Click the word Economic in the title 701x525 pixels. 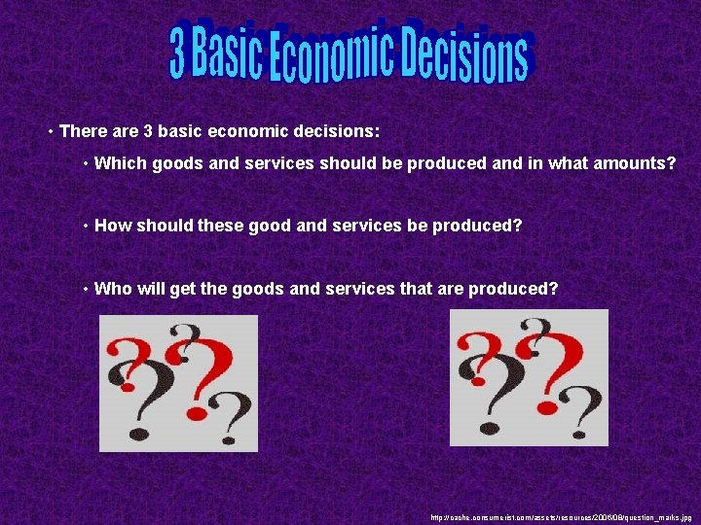point(320,58)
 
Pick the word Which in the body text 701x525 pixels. point(117,163)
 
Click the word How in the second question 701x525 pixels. point(112,226)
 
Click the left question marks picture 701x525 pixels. point(178,383)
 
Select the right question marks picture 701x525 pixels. point(529,377)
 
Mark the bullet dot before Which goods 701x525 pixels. point(87,164)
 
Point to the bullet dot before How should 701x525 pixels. point(87,227)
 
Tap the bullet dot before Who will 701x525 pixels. point(87,289)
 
